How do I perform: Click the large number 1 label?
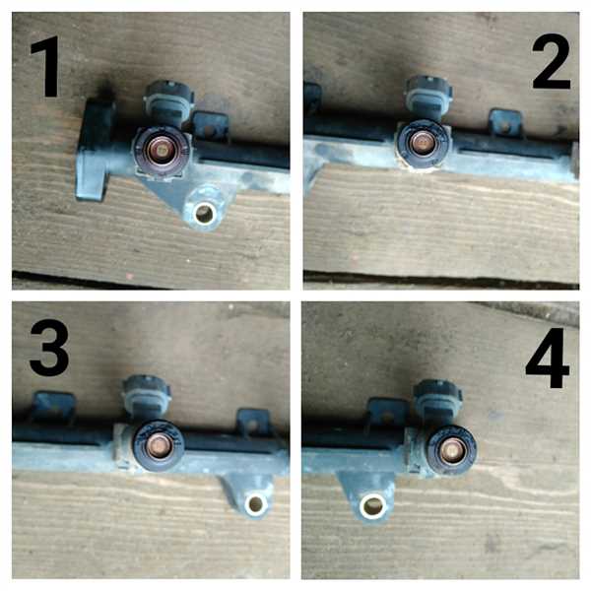click(x=46, y=66)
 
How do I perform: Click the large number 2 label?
click(x=552, y=61)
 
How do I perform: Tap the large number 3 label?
click(x=49, y=348)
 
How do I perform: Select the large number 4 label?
click(x=548, y=358)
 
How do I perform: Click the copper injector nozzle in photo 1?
click(x=161, y=151)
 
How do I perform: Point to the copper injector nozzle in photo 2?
click(x=423, y=143)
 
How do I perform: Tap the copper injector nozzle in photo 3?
click(x=159, y=445)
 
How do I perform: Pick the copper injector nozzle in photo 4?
click(x=451, y=450)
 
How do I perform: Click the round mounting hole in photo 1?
click(x=204, y=214)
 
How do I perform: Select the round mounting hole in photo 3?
click(x=255, y=503)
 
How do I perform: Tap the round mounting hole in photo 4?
click(x=372, y=506)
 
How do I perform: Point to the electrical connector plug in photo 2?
click(x=428, y=97)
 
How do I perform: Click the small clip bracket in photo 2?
click(x=506, y=122)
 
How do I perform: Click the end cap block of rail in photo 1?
click(x=95, y=149)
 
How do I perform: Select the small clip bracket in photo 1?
click(x=210, y=126)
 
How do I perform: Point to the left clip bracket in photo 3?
click(x=53, y=407)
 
